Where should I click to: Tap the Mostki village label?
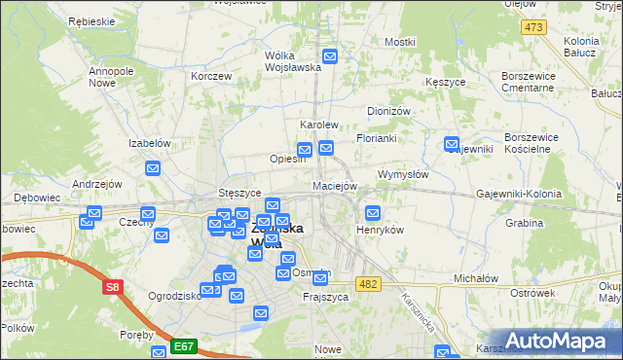[399, 42]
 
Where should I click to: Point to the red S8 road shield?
[114, 287]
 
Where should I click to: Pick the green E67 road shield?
[185, 344]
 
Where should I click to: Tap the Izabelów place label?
[150, 142]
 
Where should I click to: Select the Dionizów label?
[387, 111]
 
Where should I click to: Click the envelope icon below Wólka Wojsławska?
[330, 57]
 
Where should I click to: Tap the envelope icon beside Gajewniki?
[452, 145]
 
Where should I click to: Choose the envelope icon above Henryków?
[372, 213]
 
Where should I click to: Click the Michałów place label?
[476, 278]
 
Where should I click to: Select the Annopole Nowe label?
[111, 77]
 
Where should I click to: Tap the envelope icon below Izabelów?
[153, 169]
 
